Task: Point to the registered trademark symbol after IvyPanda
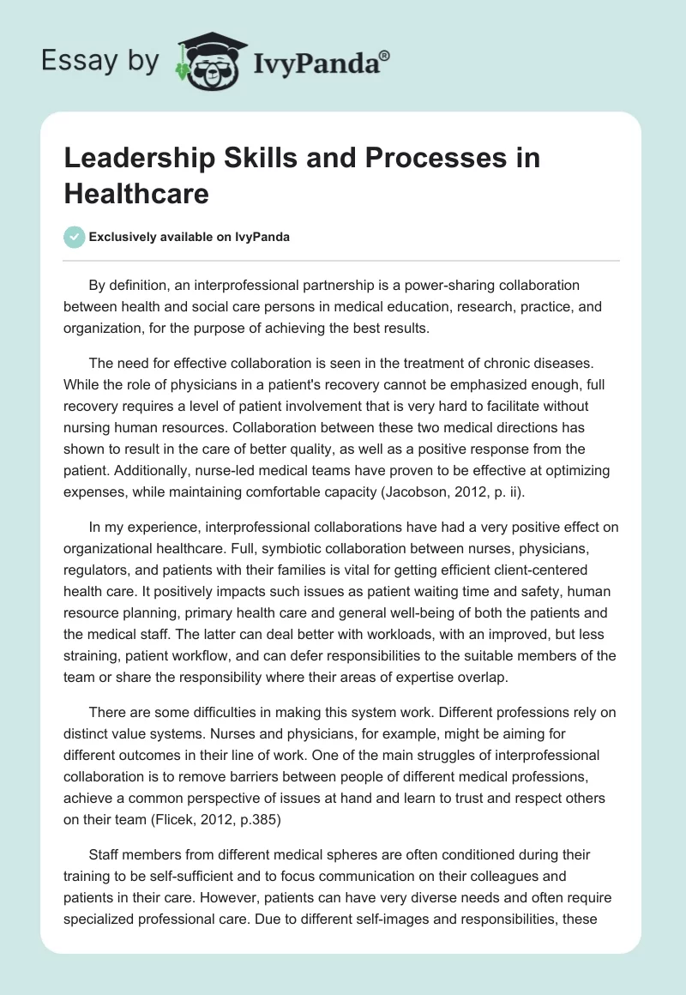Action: pos(385,56)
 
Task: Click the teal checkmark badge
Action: pos(75,237)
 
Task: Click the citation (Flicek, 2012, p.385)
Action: pos(225,815)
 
